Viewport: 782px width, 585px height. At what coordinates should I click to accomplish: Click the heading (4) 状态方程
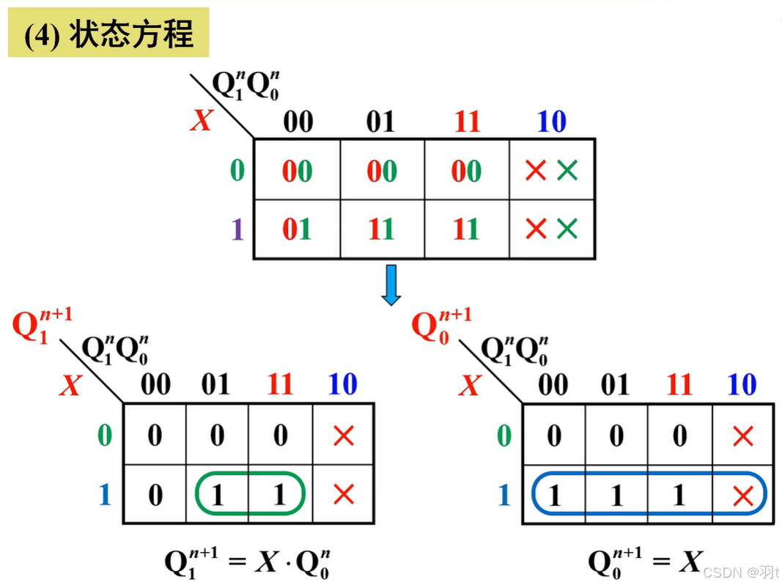tap(108, 34)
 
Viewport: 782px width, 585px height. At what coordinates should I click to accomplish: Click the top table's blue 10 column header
tap(551, 122)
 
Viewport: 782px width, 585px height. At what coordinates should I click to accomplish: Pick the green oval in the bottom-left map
tap(249, 496)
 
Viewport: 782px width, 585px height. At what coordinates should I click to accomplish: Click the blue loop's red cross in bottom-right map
tap(742, 496)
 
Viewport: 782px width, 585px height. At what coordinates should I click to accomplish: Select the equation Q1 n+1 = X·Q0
tap(246, 563)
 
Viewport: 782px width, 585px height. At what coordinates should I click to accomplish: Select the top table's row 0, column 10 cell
tap(551, 171)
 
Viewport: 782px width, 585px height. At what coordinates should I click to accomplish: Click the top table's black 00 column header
tap(298, 122)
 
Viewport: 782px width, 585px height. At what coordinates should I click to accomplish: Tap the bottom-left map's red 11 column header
tap(280, 384)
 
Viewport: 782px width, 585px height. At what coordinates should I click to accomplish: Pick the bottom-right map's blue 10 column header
tap(742, 384)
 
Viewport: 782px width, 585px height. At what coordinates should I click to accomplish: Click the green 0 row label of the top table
tap(237, 171)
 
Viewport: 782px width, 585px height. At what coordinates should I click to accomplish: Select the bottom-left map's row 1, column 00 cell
tap(154, 496)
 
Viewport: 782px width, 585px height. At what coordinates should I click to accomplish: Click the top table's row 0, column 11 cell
tap(466, 171)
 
